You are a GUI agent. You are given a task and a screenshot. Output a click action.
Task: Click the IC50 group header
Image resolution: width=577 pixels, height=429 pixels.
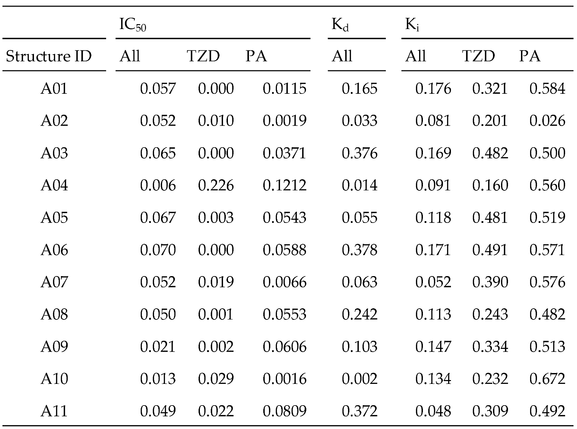click(x=132, y=25)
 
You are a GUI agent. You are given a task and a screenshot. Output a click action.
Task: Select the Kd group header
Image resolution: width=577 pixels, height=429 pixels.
click(x=340, y=25)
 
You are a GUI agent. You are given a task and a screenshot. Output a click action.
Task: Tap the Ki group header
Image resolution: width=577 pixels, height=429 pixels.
click(x=412, y=25)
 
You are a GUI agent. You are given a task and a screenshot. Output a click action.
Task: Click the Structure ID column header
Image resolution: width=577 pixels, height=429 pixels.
click(x=49, y=56)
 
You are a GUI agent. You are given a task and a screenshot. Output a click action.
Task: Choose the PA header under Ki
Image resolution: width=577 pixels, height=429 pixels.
click(x=529, y=56)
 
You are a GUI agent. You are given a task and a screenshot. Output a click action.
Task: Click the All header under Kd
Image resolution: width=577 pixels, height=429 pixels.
click(x=342, y=56)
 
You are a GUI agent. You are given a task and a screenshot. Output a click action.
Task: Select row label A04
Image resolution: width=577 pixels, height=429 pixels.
click(x=54, y=185)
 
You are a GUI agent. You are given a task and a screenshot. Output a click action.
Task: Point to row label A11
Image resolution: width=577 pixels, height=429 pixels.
click(x=54, y=411)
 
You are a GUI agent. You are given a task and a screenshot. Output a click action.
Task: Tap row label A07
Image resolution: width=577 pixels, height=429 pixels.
click(x=54, y=282)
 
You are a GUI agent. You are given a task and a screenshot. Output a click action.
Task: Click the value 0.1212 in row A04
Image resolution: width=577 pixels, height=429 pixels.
click(x=284, y=185)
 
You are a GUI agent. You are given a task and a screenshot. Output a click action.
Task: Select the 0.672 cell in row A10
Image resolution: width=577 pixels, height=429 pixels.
click(x=547, y=379)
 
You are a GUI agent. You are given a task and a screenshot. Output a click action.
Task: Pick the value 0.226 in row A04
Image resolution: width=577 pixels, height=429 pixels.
click(x=216, y=185)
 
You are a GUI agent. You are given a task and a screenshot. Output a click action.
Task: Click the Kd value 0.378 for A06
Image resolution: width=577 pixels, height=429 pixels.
click(x=359, y=250)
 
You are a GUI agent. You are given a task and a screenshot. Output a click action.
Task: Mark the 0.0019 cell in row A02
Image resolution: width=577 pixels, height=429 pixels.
click(x=284, y=121)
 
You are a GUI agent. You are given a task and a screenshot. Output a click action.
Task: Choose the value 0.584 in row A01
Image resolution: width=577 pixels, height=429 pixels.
click(x=547, y=89)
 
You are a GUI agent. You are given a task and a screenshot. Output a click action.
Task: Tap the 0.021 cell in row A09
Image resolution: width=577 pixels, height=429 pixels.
click(x=158, y=346)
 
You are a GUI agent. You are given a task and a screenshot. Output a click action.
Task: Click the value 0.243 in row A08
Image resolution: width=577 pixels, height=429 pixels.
click(x=490, y=314)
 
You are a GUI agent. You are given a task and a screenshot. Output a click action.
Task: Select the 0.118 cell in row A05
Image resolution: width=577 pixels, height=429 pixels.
click(x=433, y=218)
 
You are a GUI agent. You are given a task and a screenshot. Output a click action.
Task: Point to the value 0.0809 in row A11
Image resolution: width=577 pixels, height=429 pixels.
click(x=284, y=411)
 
